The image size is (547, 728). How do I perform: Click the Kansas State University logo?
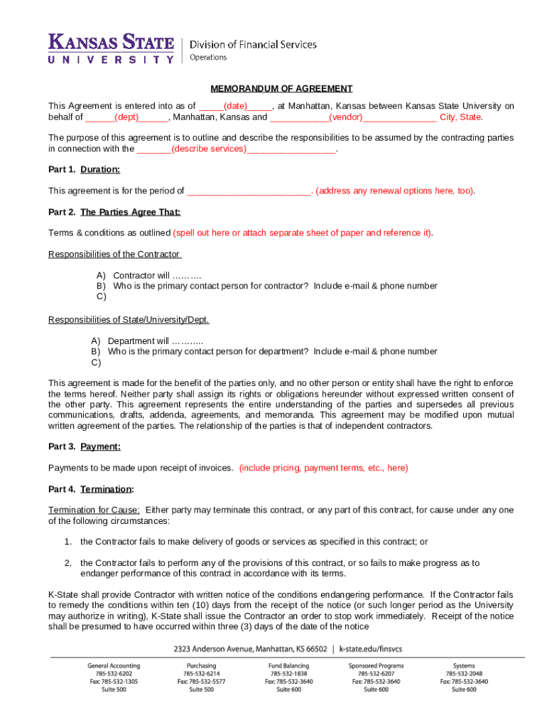tap(111, 48)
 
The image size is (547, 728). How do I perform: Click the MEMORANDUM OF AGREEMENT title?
tap(281, 89)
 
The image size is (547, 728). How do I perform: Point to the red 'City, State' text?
tap(460, 117)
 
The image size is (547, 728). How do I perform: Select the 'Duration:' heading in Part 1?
tap(100, 170)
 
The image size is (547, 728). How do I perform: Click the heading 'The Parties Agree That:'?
tap(131, 212)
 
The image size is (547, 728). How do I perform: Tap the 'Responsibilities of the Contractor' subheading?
tap(114, 255)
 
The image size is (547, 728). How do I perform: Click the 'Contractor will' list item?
tap(157, 276)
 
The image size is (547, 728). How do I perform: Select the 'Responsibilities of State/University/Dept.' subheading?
tap(129, 320)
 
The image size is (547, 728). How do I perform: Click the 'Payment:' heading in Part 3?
tap(100, 446)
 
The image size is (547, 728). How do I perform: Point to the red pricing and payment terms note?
tap(323, 468)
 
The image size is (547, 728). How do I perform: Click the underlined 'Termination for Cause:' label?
tap(94, 510)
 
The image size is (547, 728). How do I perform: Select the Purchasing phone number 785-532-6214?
tap(202, 673)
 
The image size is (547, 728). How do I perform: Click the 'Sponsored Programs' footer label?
tap(376, 665)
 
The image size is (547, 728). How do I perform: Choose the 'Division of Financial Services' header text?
tap(252, 45)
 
